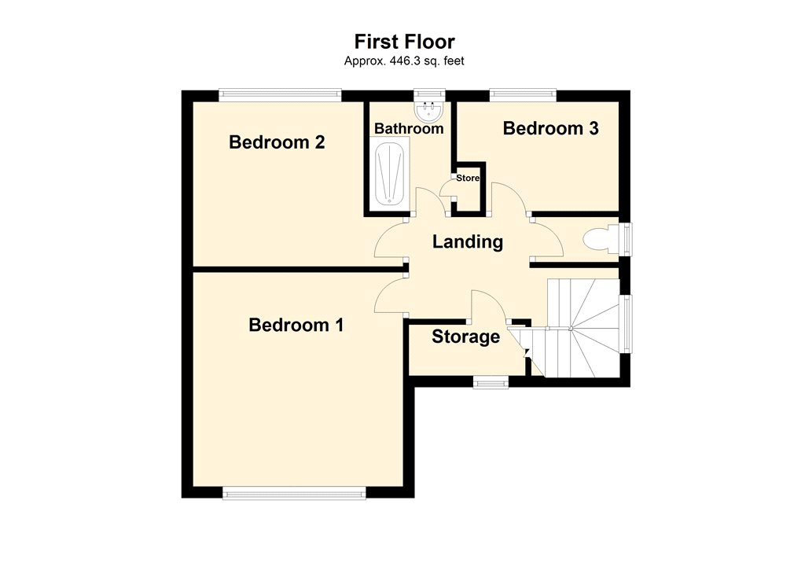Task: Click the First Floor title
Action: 404,42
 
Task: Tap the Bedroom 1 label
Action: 296,325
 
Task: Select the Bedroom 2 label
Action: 277,142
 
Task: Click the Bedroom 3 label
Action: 550,128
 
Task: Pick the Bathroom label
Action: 409,128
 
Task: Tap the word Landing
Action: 468,241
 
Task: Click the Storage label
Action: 465,337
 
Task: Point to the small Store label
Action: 468,178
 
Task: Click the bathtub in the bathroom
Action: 389,174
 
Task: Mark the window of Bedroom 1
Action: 294,493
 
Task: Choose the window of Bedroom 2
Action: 280,95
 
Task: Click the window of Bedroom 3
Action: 523,95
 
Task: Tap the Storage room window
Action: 491,382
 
